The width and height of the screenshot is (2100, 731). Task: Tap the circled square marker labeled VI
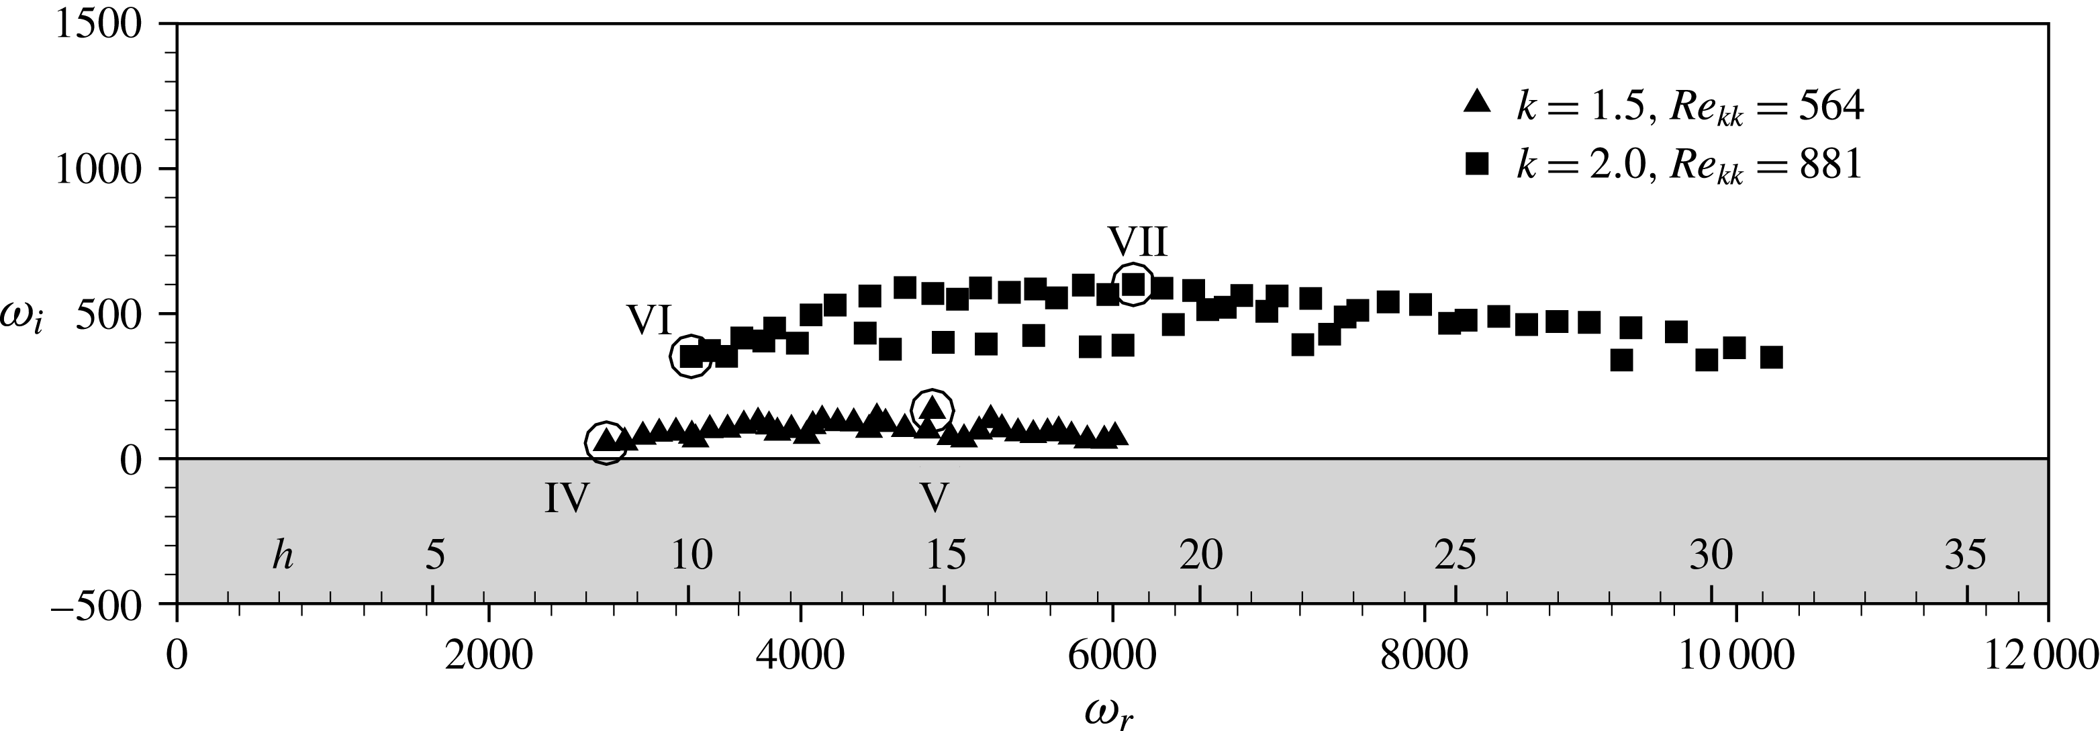(691, 356)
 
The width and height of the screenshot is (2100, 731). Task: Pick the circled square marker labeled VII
(1133, 283)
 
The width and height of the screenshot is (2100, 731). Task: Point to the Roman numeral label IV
(567, 498)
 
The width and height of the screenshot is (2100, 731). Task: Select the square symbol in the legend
(1476, 165)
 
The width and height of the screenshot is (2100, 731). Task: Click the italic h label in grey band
(283, 556)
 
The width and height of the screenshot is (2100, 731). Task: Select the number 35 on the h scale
(1966, 556)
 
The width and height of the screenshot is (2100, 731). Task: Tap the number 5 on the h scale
(435, 556)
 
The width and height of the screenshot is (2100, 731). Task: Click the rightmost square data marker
(1770, 357)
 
